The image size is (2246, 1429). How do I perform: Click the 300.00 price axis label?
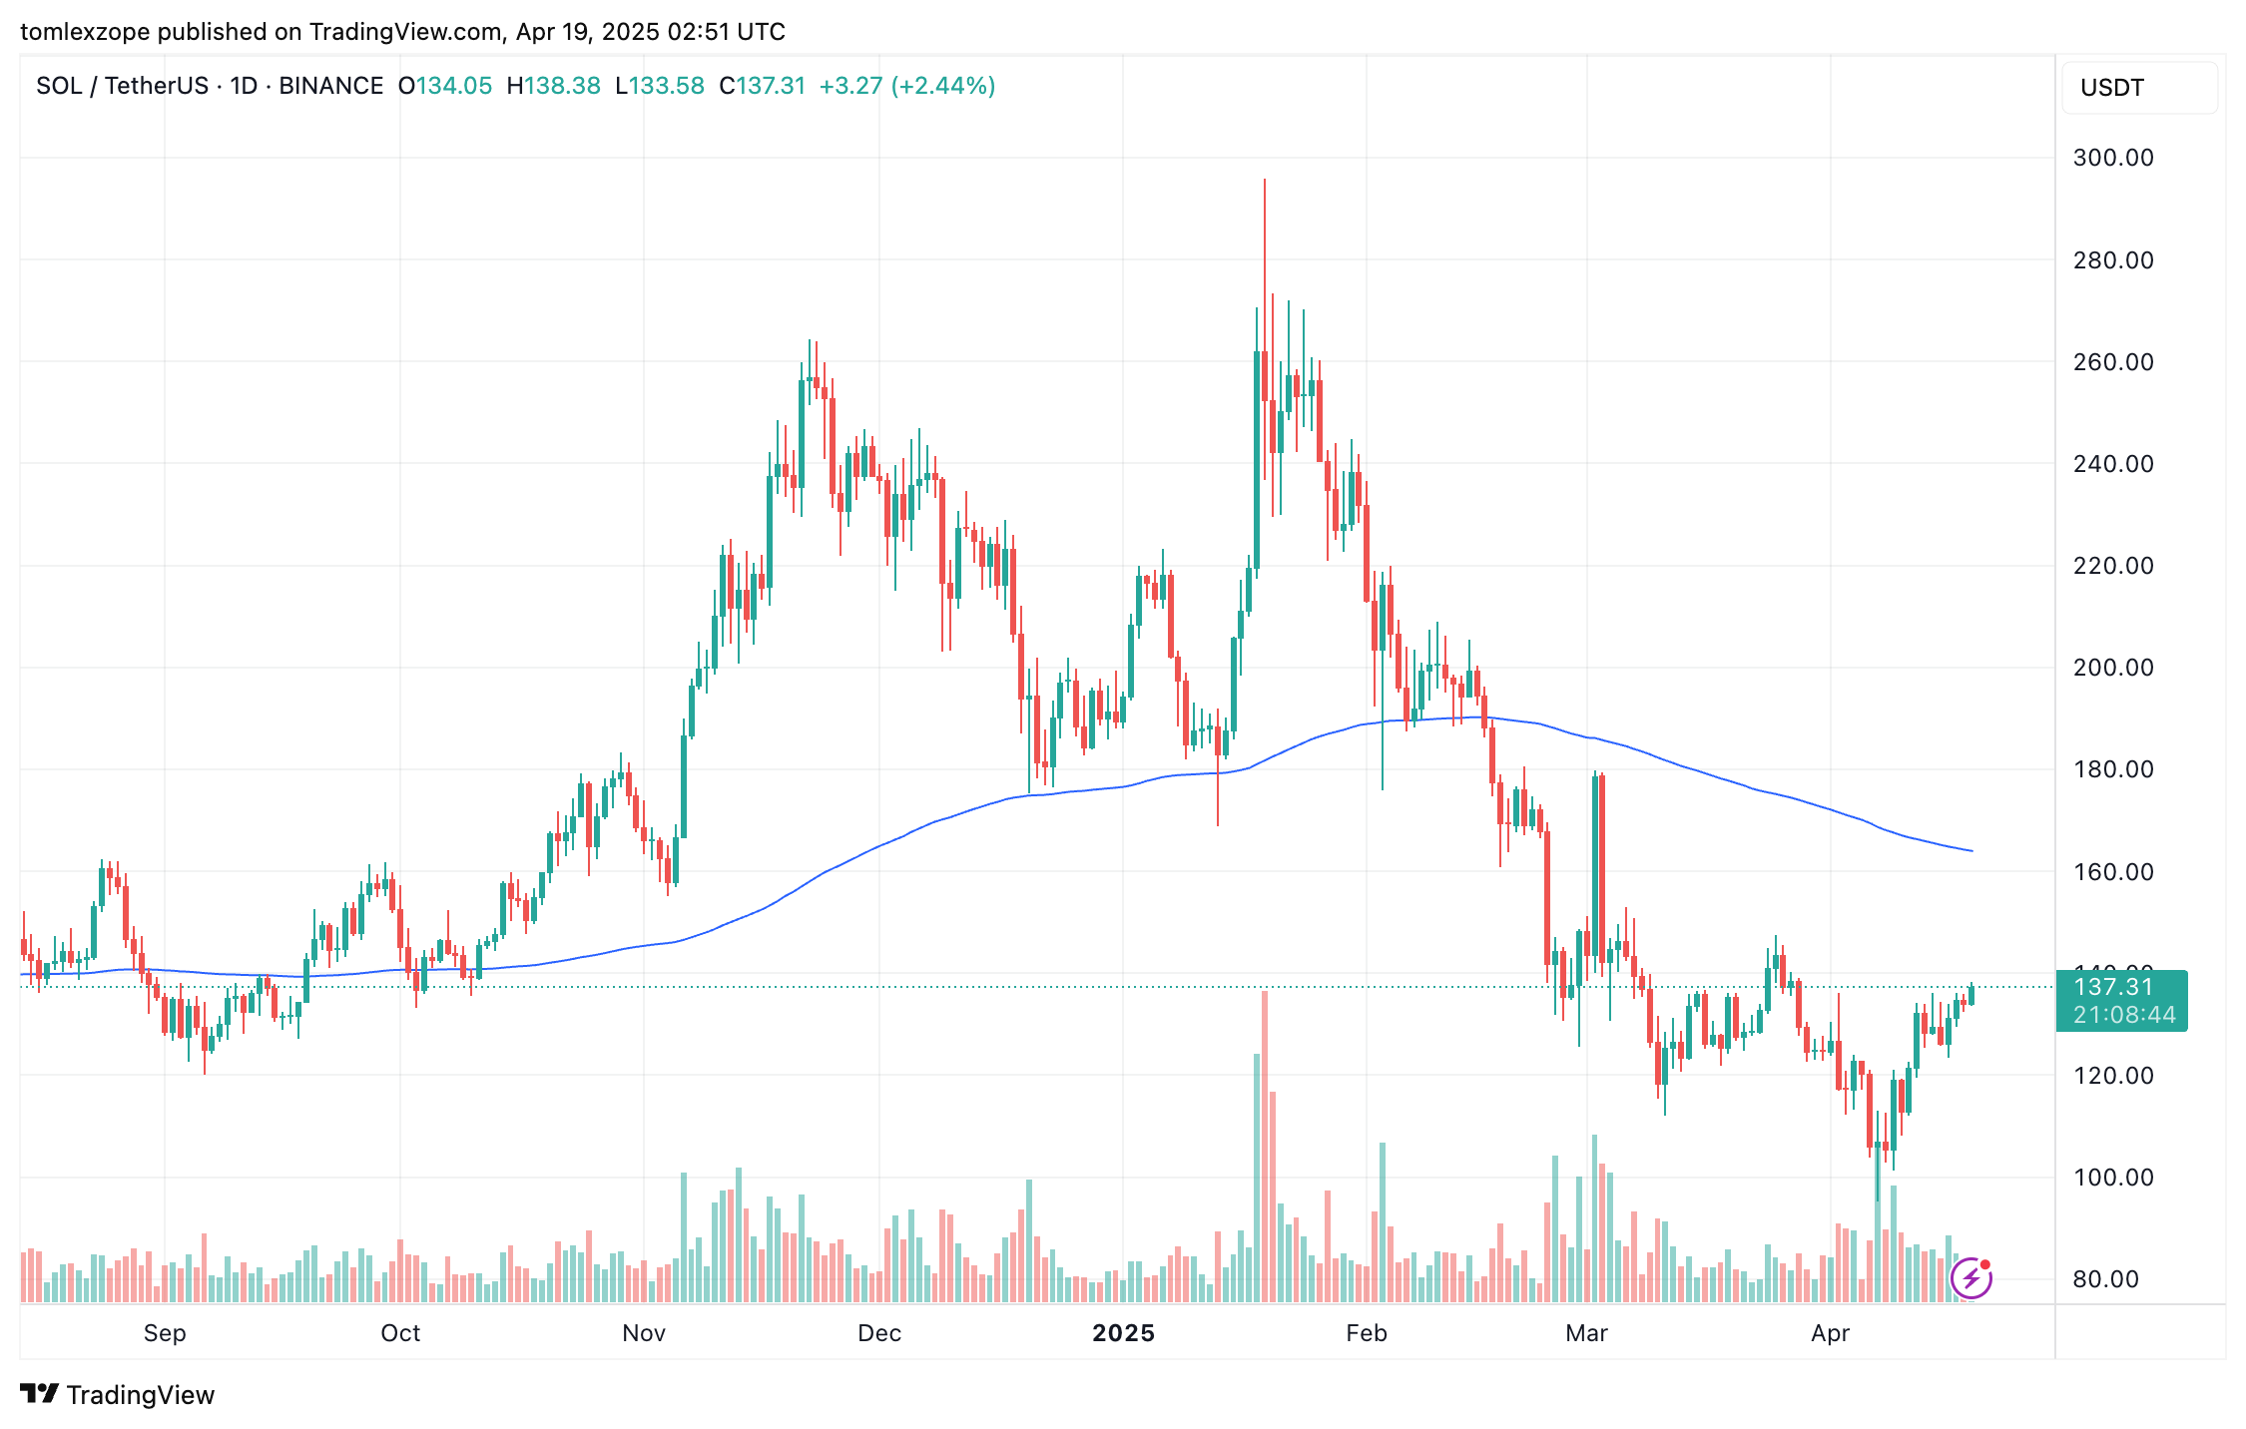pos(2112,158)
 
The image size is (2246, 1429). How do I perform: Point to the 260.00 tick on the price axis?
pos(2112,362)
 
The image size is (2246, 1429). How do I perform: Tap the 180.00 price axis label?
pos(2112,769)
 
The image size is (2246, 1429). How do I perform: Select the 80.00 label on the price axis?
pos(2105,1279)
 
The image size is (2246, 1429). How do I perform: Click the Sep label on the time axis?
pos(165,1333)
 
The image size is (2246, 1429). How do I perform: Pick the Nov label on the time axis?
pos(644,1333)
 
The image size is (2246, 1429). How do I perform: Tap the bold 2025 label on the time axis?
pos(1123,1333)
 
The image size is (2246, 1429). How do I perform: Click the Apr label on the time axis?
pos(1830,1333)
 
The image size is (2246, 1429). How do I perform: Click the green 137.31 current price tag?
pos(2113,987)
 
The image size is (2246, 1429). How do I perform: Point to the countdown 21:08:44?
pos(2123,1016)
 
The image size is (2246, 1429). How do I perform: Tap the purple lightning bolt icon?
pos(1970,1278)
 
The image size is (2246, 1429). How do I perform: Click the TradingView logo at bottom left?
pos(118,1394)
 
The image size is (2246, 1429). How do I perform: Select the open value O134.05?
pos(445,86)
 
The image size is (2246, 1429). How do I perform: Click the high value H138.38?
pos(554,86)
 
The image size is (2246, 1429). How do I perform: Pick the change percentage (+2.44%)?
pos(943,86)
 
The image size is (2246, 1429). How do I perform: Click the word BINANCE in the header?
pos(331,86)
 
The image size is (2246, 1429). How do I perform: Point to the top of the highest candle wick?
pos(1265,181)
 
